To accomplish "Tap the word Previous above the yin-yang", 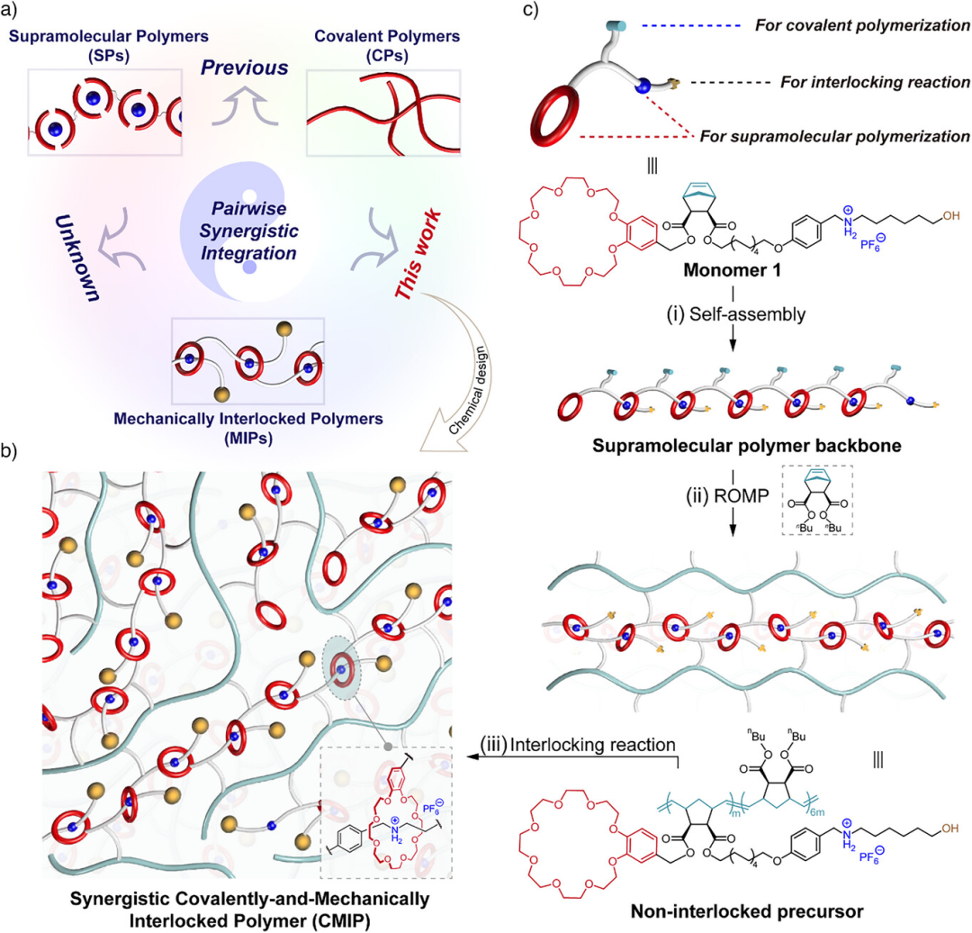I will [x=244, y=68].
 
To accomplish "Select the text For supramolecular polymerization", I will [x=833, y=137].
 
